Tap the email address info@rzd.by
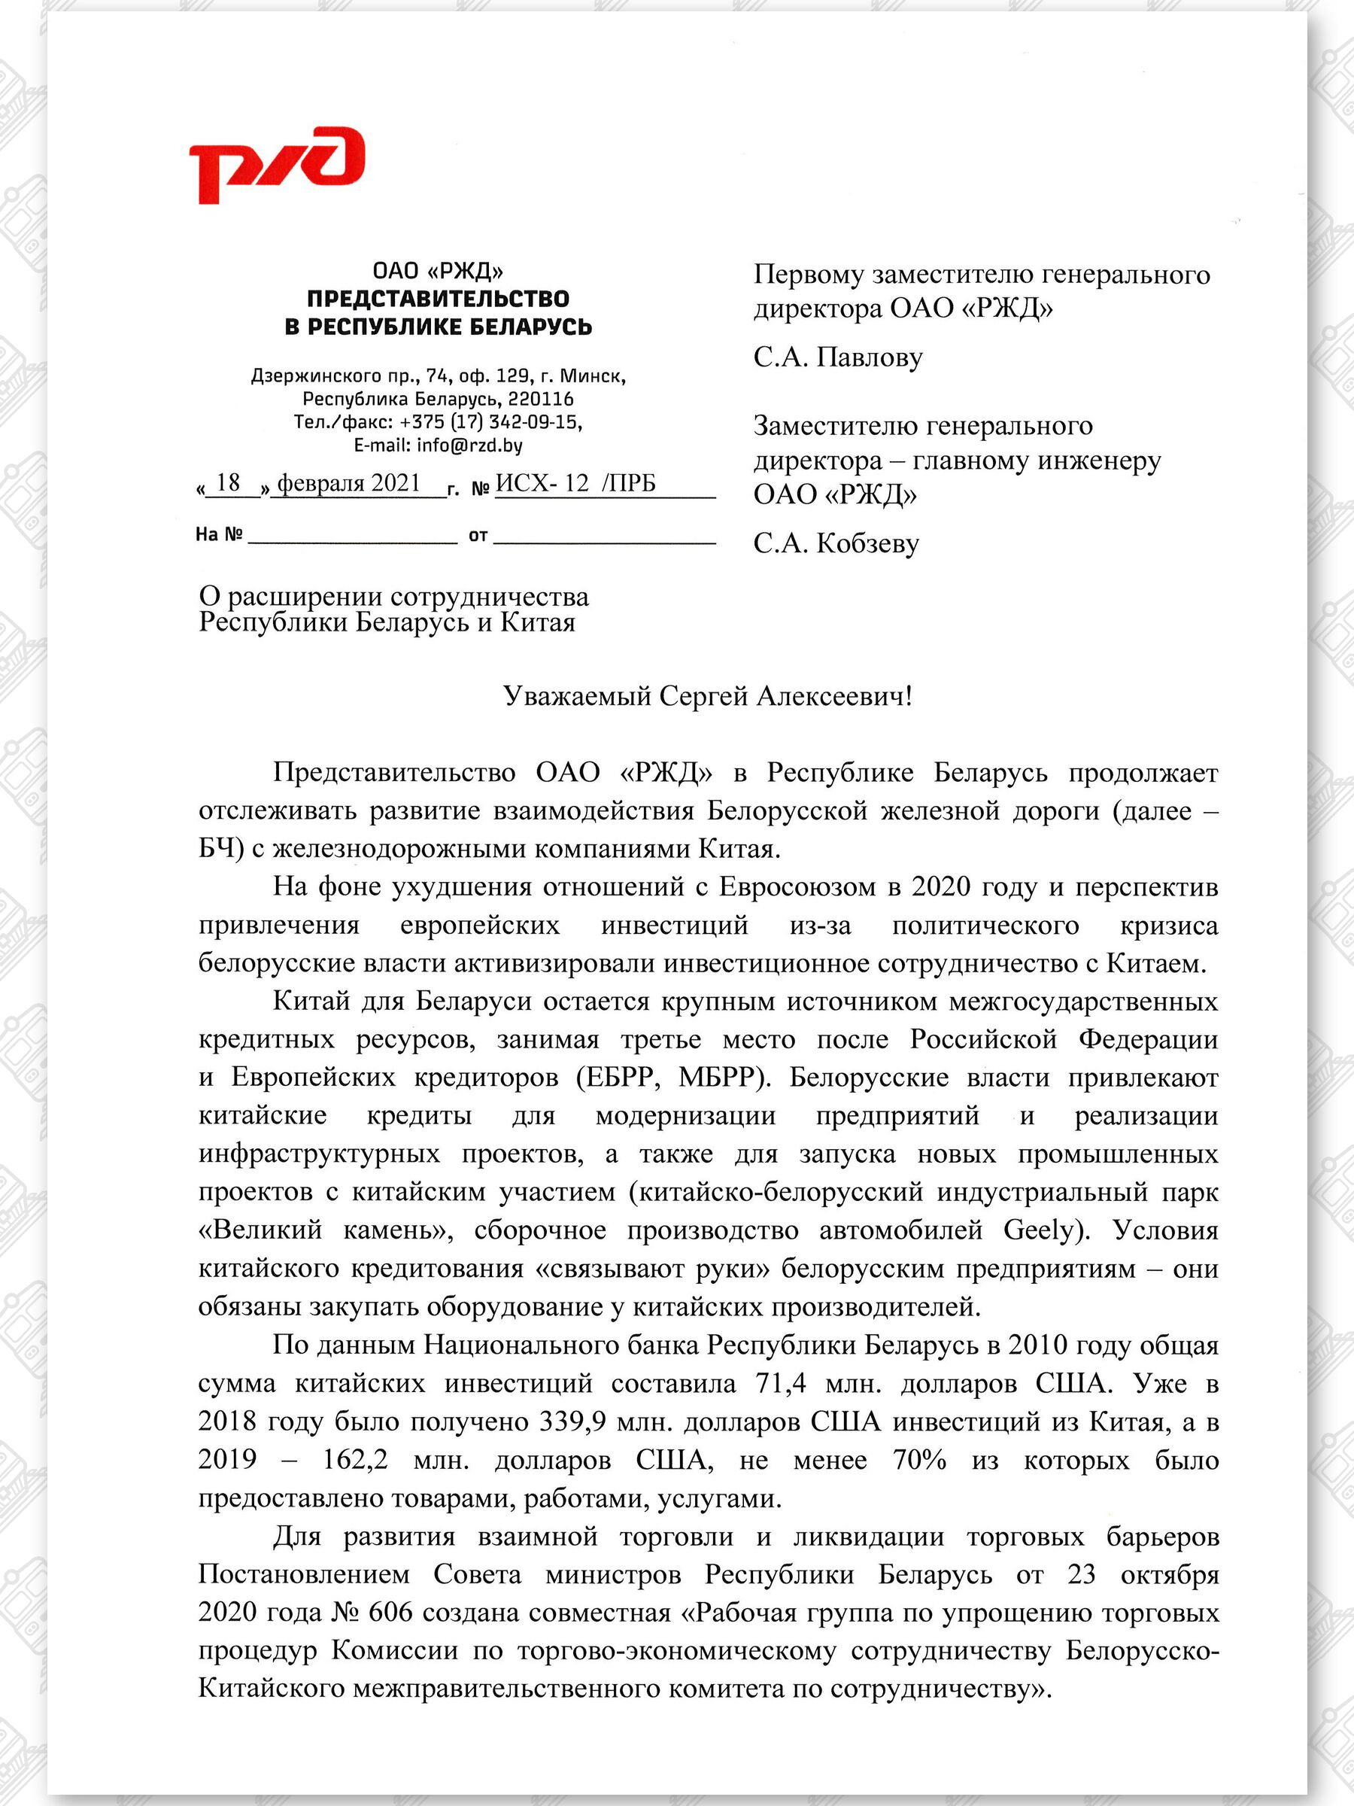[x=469, y=445]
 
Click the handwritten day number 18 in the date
[x=229, y=482]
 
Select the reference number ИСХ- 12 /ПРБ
[x=575, y=483]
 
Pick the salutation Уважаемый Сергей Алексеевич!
[x=707, y=695]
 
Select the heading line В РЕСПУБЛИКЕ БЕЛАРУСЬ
[x=439, y=327]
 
